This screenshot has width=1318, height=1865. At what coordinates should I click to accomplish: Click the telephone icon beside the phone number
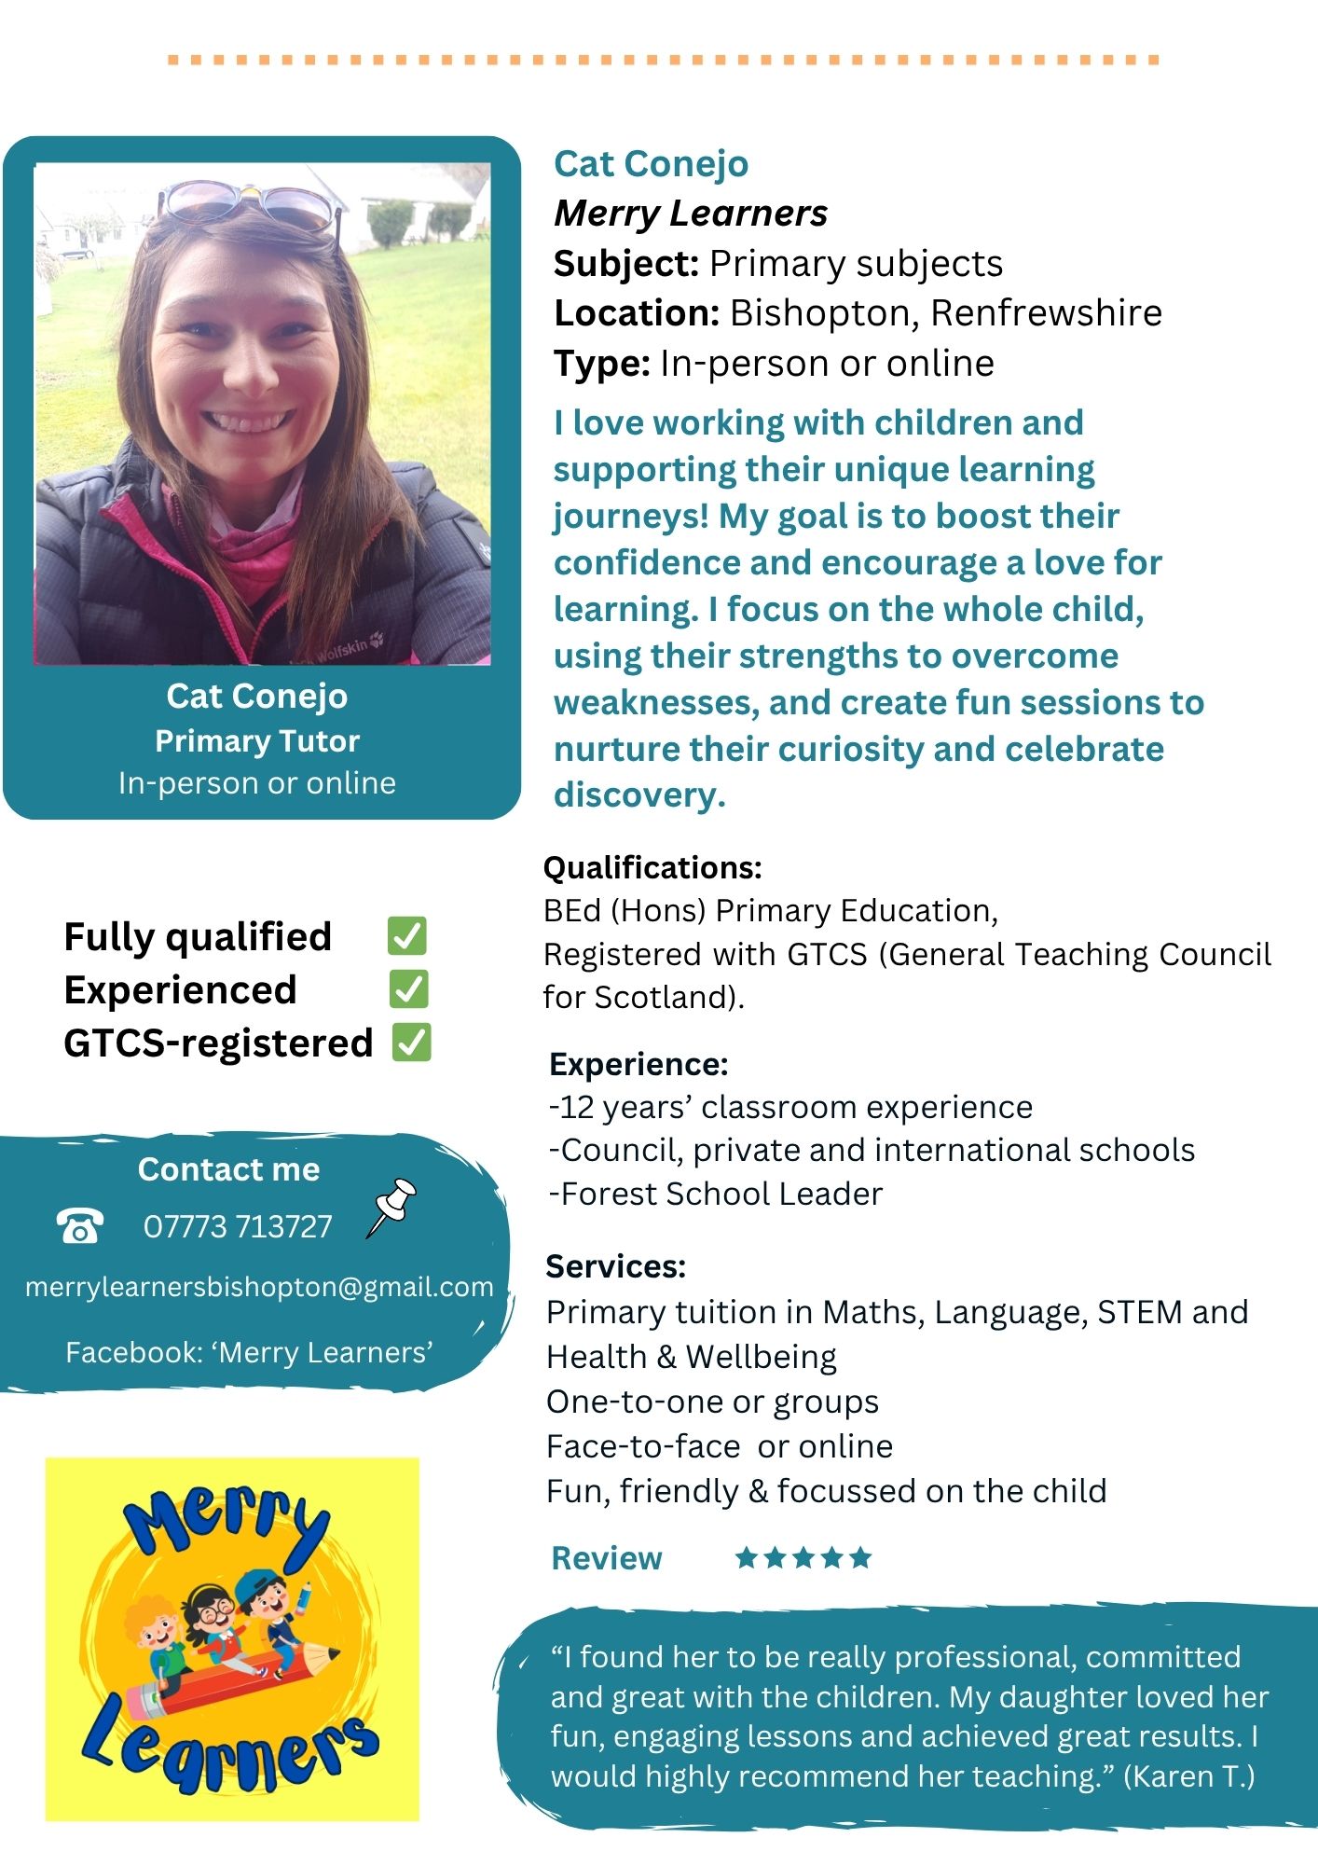pos(79,1225)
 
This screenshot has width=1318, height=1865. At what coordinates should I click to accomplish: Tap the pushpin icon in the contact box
pos(391,1207)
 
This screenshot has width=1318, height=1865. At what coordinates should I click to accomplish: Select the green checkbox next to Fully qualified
pos(407,936)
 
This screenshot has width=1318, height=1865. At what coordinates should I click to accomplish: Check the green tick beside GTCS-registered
pos(411,1043)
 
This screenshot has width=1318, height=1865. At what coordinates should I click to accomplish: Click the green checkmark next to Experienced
pos(409,989)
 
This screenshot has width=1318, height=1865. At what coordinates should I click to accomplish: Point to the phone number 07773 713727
pos(238,1226)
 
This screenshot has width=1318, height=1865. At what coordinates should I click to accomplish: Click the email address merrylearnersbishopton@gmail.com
pos(258,1287)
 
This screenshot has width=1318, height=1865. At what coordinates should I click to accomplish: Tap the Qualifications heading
pos(652,868)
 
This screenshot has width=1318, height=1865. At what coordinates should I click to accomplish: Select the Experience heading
pos(638,1064)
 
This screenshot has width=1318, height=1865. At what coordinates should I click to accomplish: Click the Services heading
pos(615,1266)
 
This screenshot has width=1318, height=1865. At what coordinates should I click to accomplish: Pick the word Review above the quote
pos(606,1558)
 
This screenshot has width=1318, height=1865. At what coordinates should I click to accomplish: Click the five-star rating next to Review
pos(803,1557)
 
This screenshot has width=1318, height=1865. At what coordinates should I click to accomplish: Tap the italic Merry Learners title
pos(691,214)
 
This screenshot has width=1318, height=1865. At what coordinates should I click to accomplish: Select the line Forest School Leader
pos(716,1194)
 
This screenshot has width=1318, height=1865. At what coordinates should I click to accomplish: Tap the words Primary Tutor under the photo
pos(257,741)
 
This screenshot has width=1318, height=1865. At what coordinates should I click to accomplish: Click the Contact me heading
pos(228,1169)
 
